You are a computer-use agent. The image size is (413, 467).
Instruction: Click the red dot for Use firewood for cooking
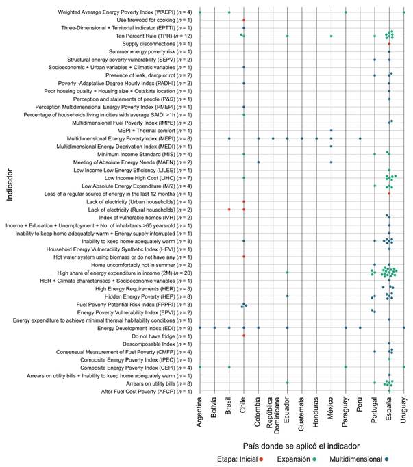(244, 21)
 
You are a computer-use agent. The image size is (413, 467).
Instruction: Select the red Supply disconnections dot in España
(389, 44)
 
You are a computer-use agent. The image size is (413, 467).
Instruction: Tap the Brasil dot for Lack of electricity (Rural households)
(229, 209)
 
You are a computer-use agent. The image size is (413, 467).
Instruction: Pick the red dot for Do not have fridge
(244, 336)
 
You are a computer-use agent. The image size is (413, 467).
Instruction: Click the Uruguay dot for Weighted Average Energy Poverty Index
(404, 12)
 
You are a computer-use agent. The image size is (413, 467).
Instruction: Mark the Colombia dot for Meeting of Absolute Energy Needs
(258, 162)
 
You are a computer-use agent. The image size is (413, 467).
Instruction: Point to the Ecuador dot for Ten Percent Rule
(288, 36)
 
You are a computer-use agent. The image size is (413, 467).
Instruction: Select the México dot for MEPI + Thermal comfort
(331, 131)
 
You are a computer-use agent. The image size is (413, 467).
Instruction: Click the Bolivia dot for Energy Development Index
(214, 327)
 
